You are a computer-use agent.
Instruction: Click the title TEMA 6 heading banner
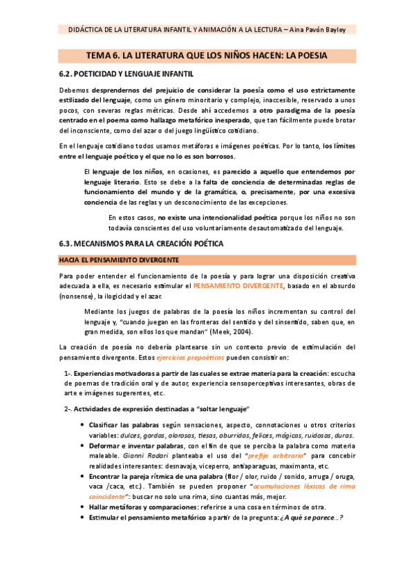(x=206, y=55)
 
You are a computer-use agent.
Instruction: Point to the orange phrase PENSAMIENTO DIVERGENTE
(x=238, y=285)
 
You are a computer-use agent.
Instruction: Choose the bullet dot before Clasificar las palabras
(x=83, y=425)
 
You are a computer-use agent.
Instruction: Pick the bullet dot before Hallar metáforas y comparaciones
(x=83, y=508)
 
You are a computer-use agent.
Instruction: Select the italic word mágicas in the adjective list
(x=293, y=435)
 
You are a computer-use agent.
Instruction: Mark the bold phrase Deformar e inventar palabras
(x=137, y=446)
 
